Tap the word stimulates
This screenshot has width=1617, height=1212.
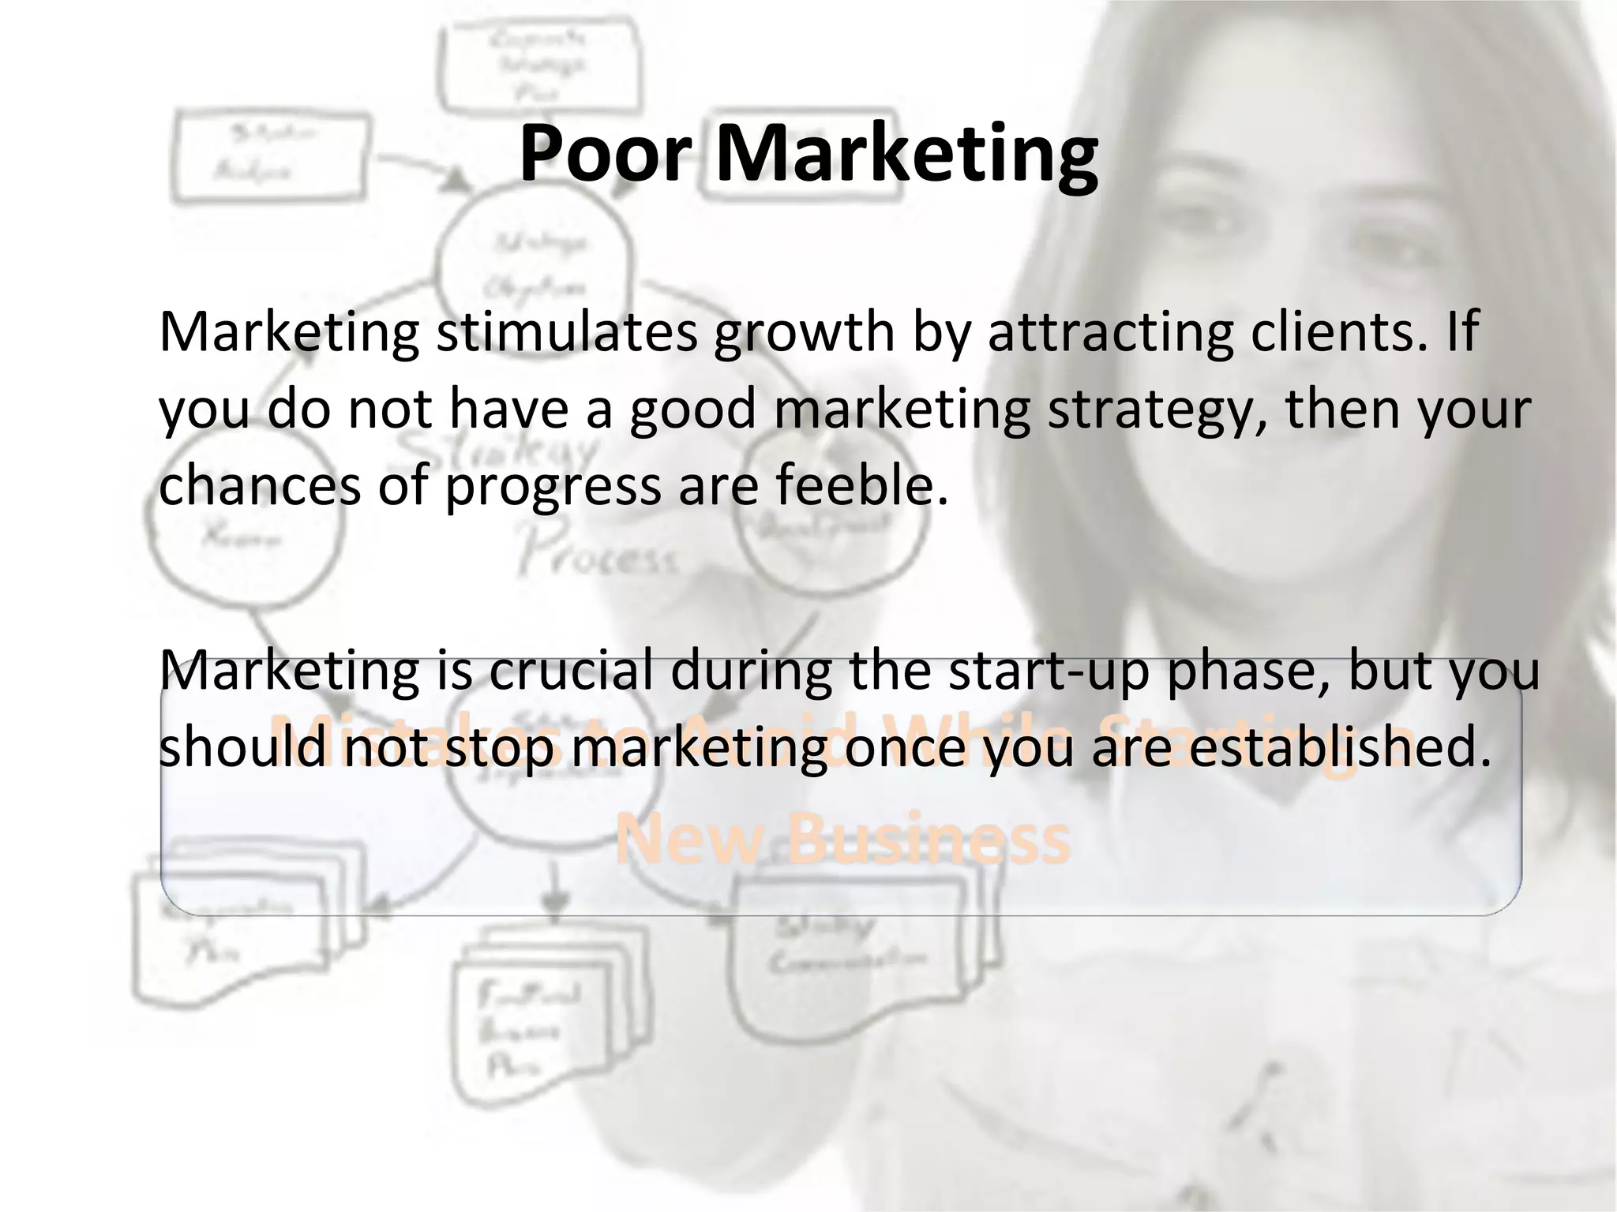coord(567,331)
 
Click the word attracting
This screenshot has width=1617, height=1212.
coord(1110,331)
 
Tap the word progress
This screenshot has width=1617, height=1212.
coord(553,485)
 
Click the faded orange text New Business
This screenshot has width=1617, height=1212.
coord(842,838)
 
